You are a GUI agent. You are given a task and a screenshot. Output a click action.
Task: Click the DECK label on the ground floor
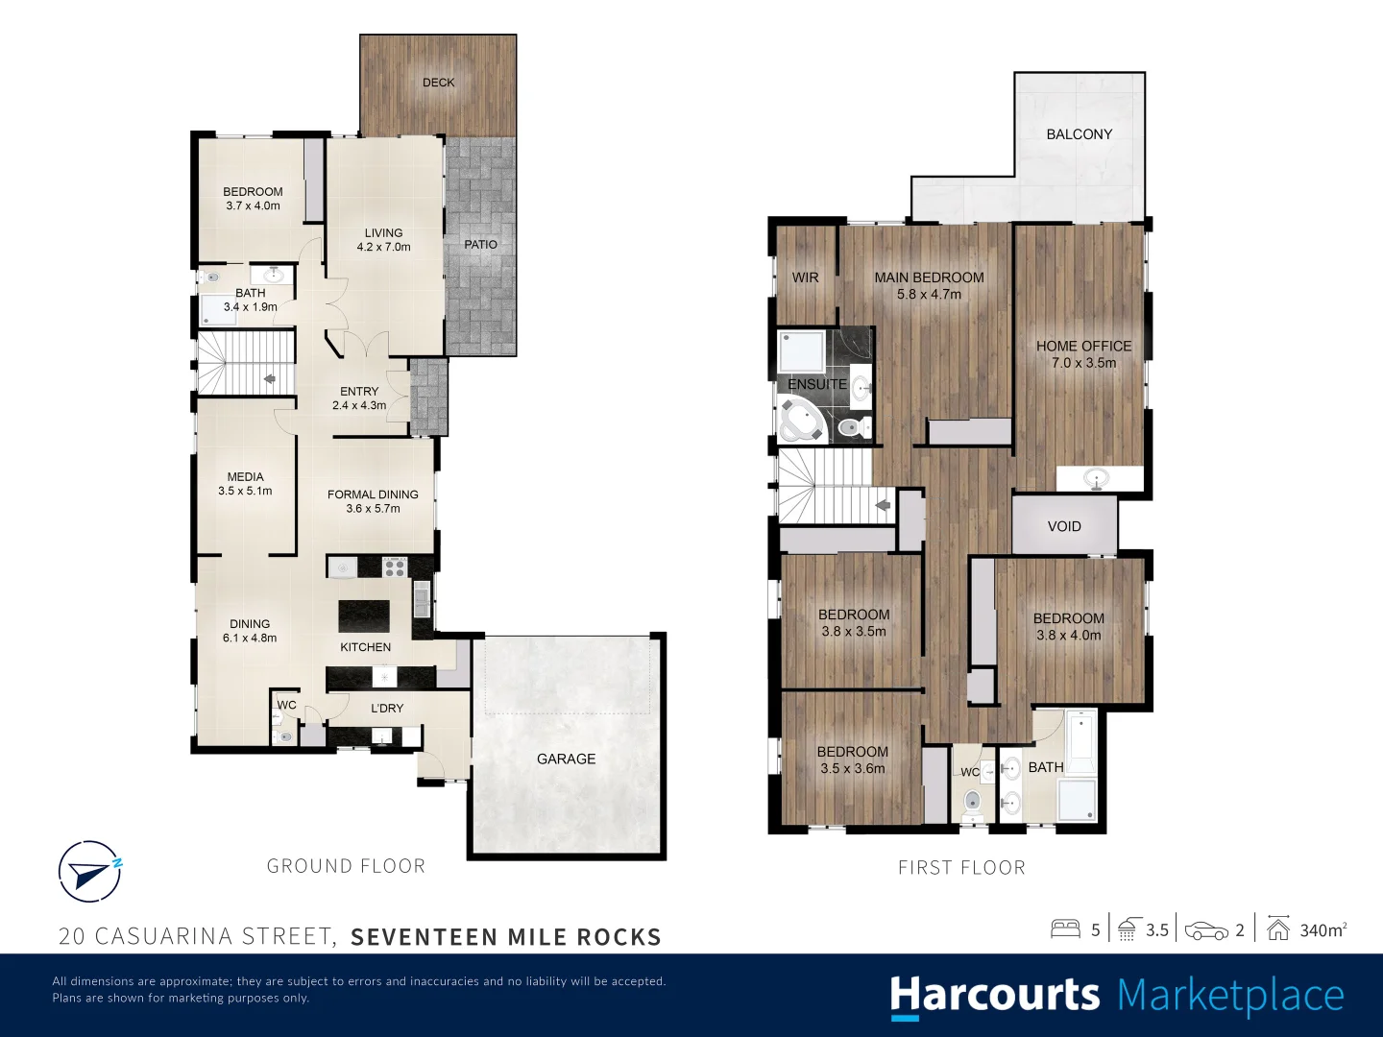pos(439,83)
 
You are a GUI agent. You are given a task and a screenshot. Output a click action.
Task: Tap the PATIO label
pos(481,244)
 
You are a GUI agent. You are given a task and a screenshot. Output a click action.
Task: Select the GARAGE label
pos(566,759)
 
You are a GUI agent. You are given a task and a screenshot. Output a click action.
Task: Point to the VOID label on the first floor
pos(1064,526)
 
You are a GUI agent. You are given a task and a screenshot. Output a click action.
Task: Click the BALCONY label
pos(1080,134)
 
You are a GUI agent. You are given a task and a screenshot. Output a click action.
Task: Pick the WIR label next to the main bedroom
pos(805,277)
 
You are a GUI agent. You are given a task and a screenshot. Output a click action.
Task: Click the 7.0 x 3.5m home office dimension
pos(1083,363)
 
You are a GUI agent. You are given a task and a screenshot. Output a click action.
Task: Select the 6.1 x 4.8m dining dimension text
pos(250,638)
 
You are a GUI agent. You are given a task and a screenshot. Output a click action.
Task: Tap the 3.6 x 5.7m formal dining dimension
pos(373,509)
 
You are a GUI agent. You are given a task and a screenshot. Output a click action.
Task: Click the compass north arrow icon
pos(89,872)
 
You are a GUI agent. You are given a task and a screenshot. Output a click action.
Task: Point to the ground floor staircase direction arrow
pos(270,379)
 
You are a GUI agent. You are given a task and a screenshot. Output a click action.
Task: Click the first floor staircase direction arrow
pos(882,505)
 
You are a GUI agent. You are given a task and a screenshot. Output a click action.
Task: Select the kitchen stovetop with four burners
pos(395,567)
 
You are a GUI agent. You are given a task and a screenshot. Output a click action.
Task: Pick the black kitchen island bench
pos(364,615)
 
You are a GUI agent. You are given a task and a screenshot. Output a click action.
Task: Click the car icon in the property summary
pos(1206,931)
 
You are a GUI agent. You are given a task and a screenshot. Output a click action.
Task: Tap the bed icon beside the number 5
pos(1065,929)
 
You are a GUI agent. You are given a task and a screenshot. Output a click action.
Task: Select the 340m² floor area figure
pos(1323,930)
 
